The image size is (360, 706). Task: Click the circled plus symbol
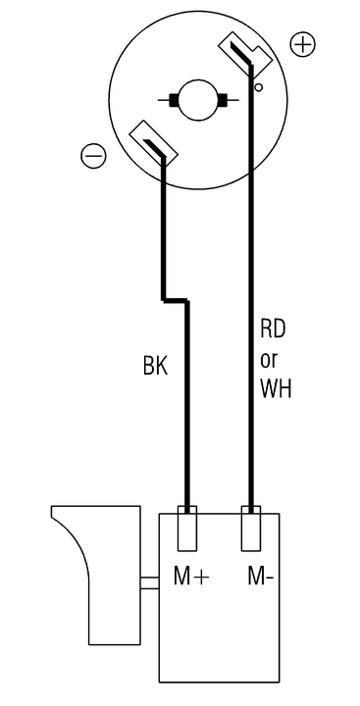302,44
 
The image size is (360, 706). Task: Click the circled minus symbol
94,156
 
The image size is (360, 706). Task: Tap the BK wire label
155,366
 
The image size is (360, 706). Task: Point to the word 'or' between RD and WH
269,360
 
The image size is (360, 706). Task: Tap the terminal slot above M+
187,529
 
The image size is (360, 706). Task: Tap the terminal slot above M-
251,529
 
